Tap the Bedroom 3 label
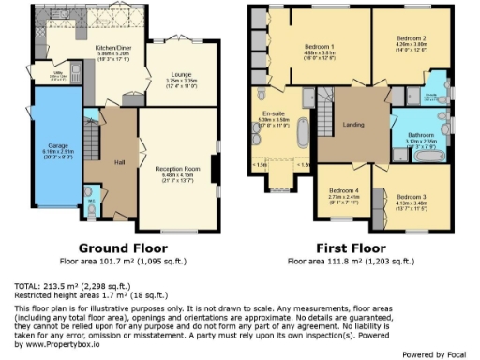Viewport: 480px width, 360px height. point(410,196)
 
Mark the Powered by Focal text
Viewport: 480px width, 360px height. point(434,353)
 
